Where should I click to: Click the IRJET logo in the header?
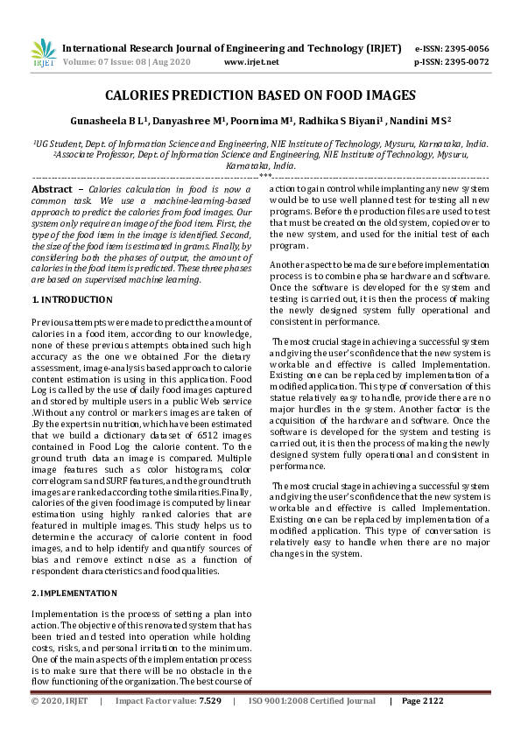(43, 53)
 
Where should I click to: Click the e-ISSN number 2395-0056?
(465, 48)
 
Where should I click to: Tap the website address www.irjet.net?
(251, 62)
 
